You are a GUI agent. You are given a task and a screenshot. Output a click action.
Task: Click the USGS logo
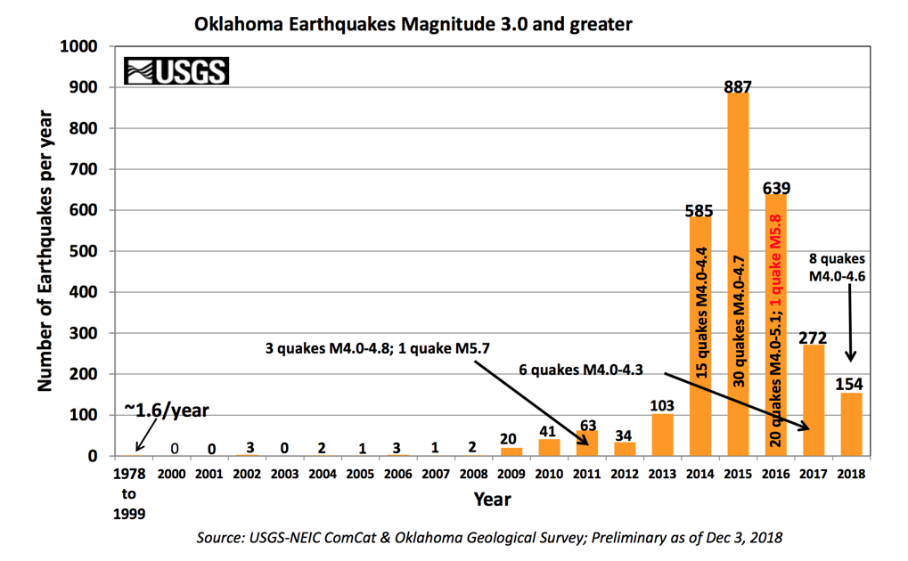(176, 70)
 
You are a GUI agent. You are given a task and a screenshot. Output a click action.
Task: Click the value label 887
(738, 86)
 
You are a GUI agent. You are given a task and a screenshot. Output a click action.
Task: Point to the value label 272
(813, 337)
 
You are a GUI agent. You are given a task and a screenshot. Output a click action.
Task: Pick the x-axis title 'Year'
(492, 499)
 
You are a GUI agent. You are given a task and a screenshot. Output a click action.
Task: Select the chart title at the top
(413, 24)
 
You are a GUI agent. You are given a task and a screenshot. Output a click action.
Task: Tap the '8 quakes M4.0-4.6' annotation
(837, 267)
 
